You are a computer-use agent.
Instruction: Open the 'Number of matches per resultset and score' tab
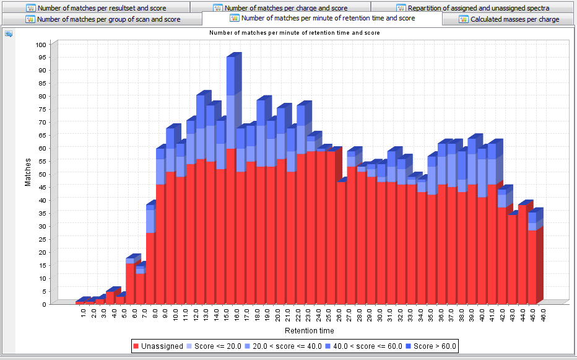click(x=102, y=8)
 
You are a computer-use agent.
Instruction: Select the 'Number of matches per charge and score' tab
click(x=281, y=8)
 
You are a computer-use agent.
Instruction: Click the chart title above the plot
click(x=294, y=32)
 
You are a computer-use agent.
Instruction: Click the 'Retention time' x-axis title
click(x=309, y=331)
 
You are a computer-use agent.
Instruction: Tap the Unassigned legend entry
click(x=158, y=346)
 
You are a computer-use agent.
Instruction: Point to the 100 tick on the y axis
click(x=41, y=45)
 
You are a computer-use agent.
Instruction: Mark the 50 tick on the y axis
click(x=41, y=174)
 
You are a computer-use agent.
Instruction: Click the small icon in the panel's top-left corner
click(x=9, y=33)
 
